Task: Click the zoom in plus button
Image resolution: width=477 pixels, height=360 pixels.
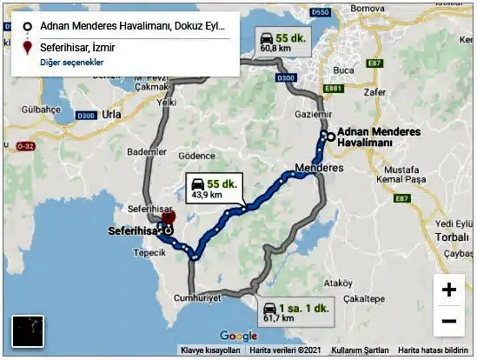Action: coord(448,290)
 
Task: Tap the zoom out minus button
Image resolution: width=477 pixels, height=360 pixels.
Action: coord(448,321)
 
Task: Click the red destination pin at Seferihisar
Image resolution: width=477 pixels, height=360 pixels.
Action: coord(169,218)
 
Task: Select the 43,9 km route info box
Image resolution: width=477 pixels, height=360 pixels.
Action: coord(213,188)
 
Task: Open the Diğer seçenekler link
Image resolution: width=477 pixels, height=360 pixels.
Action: coord(71,63)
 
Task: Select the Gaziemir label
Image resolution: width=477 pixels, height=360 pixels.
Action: coord(314,115)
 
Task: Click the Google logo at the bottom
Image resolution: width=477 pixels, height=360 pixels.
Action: coord(238,336)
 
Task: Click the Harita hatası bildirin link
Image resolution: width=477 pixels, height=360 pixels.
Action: coord(434,350)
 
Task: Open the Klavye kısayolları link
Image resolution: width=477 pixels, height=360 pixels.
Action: coord(209,350)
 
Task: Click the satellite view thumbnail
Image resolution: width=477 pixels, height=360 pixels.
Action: coord(27,331)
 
